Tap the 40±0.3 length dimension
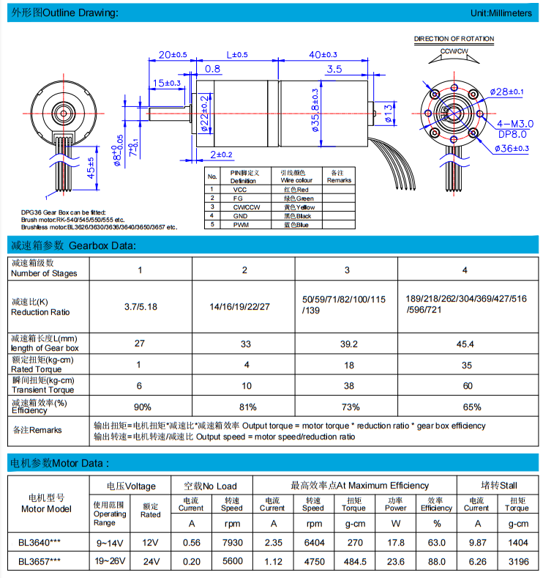pyautogui.click(x=323, y=54)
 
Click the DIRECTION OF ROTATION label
pyautogui.click(x=454, y=39)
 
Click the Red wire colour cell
pyautogui.click(x=296, y=190)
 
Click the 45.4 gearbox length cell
pyautogui.click(x=465, y=344)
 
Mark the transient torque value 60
pyautogui.click(x=465, y=386)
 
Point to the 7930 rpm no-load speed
pyautogui.click(x=231, y=543)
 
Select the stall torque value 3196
pyautogui.click(x=516, y=561)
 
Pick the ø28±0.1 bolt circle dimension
pyautogui.click(x=508, y=92)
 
